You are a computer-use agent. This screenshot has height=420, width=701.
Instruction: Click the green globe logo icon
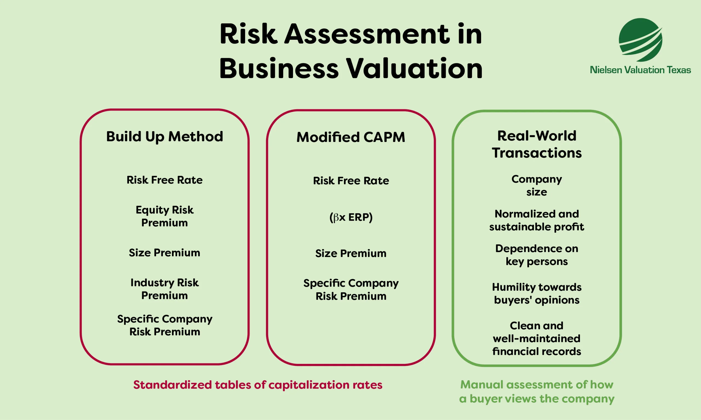(640, 40)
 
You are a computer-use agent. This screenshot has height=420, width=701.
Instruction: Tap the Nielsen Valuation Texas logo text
(640, 70)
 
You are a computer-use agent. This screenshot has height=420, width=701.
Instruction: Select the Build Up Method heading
(165, 136)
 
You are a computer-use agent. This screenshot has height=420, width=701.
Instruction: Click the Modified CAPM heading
(351, 137)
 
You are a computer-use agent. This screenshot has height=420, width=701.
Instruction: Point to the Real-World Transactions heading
(536, 144)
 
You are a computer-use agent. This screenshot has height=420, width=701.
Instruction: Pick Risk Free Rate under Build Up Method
(165, 180)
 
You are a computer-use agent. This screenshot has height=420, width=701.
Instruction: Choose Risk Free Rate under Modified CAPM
(351, 181)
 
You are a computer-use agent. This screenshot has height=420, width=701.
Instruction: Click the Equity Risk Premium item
(165, 216)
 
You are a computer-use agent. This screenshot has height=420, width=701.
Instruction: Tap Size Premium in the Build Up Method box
(165, 252)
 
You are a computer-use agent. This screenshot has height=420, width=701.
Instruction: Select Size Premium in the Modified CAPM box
(351, 253)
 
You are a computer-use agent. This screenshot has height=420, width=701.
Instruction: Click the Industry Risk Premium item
(165, 289)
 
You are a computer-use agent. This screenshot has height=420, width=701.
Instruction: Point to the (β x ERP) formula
(351, 217)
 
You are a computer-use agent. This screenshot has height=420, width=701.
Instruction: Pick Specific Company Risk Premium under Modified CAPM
(351, 290)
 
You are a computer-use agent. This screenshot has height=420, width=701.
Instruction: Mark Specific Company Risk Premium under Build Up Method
(165, 325)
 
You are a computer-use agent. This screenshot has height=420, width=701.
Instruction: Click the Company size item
(536, 186)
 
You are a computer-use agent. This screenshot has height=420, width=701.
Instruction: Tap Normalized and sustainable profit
(536, 220)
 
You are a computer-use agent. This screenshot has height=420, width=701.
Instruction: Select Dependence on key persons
(536, 255)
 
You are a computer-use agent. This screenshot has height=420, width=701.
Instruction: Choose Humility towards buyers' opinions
(536, 293)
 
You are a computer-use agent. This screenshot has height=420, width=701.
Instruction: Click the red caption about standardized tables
(258, 385)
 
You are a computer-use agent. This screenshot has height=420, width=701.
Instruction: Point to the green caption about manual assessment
(536, 392)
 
